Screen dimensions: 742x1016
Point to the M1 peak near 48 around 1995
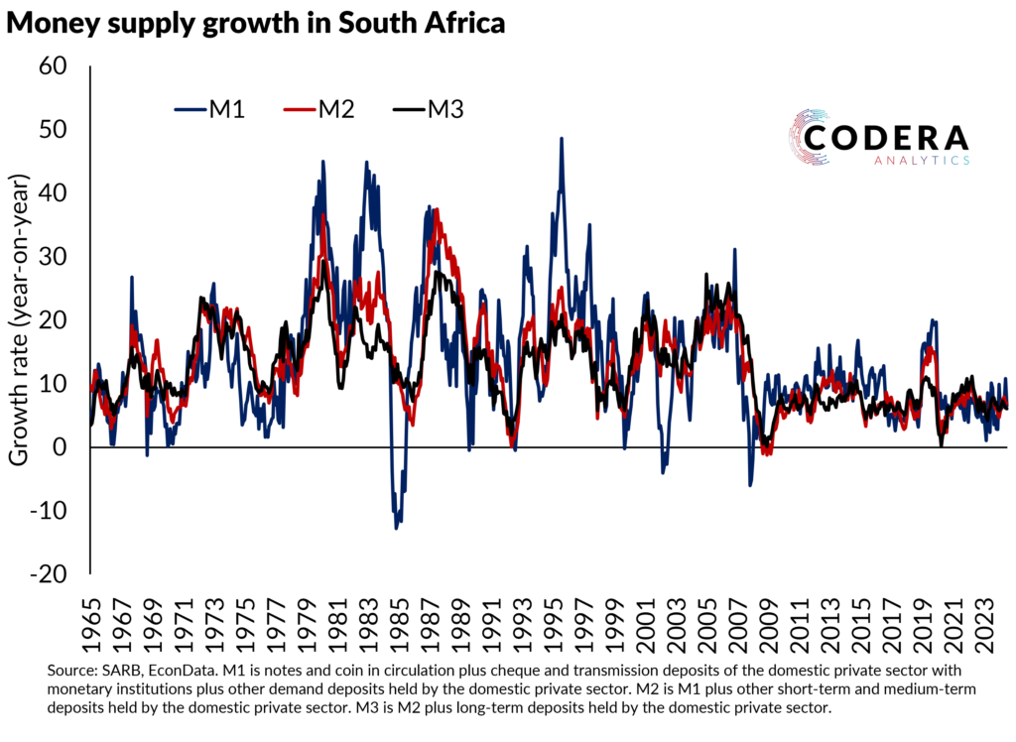click(x=562, y=139)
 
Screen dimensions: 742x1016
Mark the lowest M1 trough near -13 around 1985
click(x=397, y=528)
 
